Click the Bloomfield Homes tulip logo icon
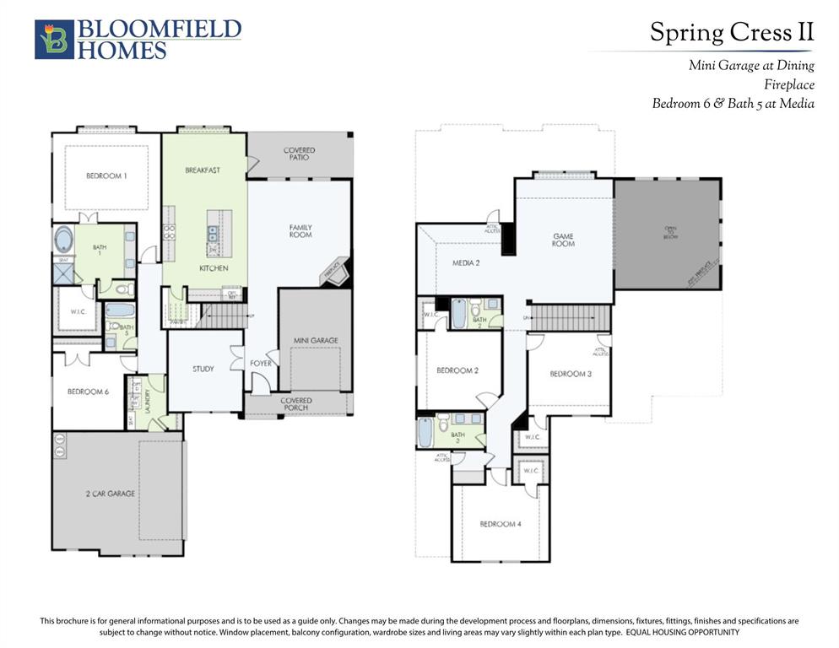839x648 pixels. [x=54, y=40]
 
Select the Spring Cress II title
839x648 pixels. [x=731, y=33]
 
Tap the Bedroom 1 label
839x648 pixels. [x=107, y=176]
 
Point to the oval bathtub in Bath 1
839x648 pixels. [x=62, y=239]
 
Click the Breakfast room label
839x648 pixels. [x=203, y=170]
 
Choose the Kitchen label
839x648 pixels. [x=214, y=268]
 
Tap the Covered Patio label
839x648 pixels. [x=299, y=154]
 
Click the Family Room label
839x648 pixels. [x=300, y=230]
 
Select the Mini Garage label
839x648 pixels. [x=316, y=341]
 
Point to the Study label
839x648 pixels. [x=203, y=369]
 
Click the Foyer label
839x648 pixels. [x=261, y=364]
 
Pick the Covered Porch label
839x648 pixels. [x=296, y=404]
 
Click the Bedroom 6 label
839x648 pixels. [x=89, y=391]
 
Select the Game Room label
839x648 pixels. [x=563, y=240]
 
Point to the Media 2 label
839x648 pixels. [x=465, y=263]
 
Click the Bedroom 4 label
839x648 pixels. [x=501, y=524]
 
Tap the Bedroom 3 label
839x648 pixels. [x=571, y=374]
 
